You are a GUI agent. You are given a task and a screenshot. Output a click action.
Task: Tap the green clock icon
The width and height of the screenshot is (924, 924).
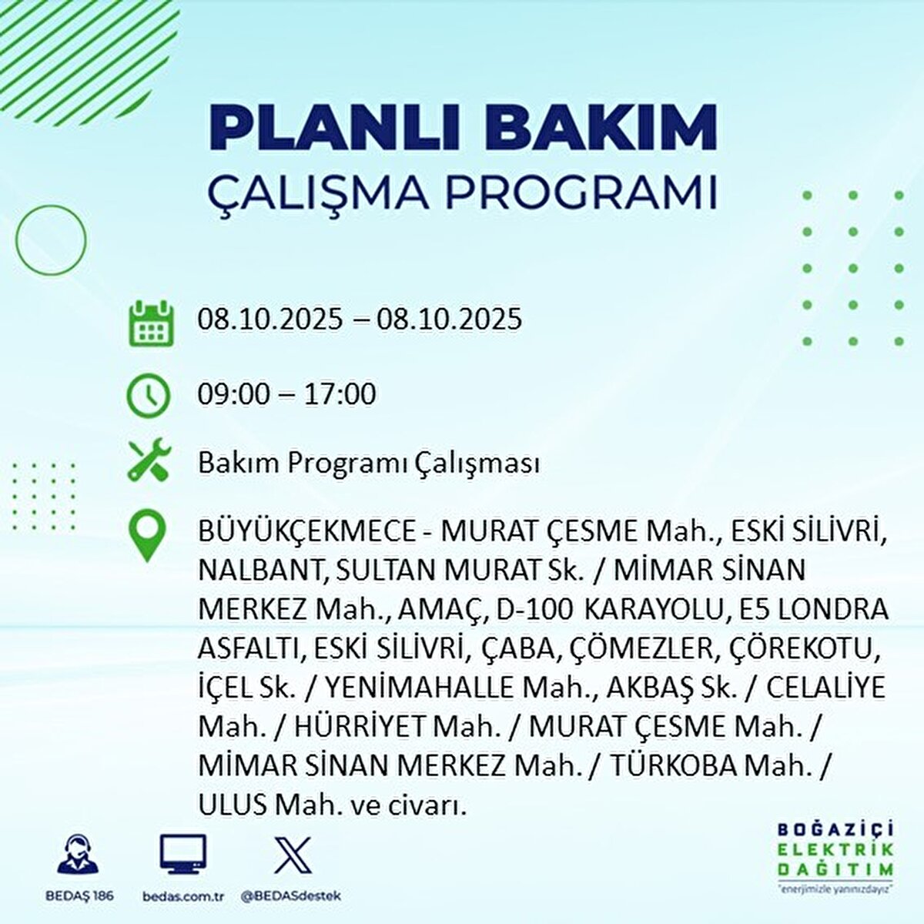(149, 395)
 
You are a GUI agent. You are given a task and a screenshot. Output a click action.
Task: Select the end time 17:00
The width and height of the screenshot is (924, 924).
(340, 394)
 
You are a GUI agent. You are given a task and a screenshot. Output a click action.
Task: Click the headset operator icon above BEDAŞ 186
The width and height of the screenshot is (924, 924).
(78, 855)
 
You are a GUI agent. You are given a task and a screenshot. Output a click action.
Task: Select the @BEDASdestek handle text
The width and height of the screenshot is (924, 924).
(291, 896)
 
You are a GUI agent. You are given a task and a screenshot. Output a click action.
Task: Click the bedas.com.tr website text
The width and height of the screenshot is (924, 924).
(183, 896)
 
